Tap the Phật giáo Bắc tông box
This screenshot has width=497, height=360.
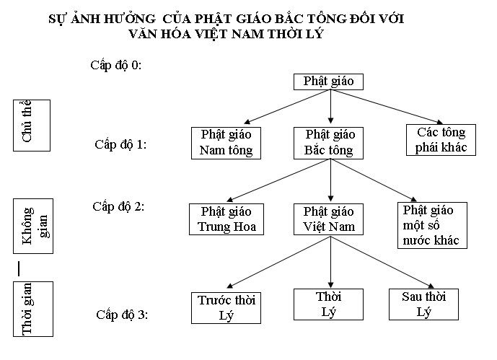point(330,143)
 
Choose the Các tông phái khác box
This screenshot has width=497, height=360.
point(441,139)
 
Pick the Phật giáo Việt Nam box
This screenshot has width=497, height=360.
point(329,219)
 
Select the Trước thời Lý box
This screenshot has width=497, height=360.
point(227,307)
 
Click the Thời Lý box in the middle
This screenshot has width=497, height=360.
point(328,304)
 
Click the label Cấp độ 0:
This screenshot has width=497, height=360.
point(115,65)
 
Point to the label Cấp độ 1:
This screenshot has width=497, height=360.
point(120,144)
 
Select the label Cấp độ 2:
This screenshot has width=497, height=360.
point(119,206)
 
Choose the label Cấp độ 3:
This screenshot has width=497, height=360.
point(121,315)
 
